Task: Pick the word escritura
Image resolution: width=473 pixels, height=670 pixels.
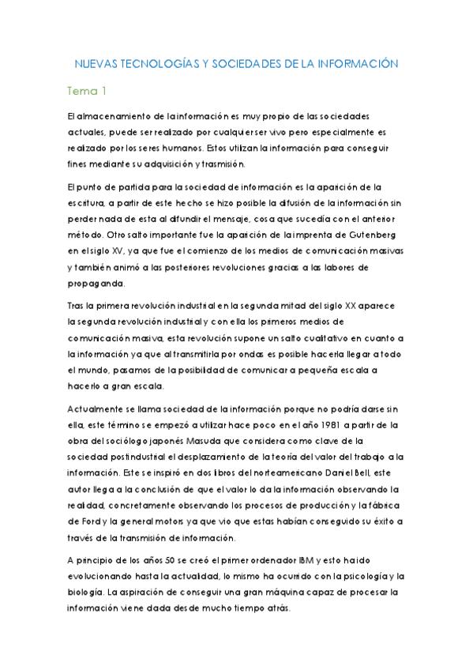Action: click(88, 203)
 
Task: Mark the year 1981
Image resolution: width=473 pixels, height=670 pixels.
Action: click(313, 425)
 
